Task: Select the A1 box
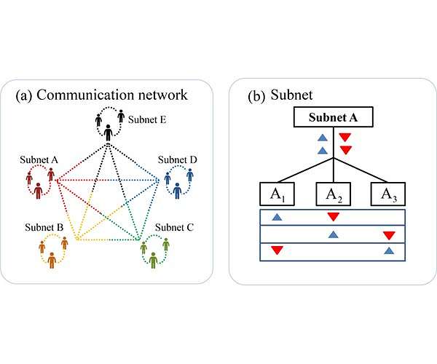pos(276,195)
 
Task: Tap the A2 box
pos(333,195)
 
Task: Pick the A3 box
pos(389,195)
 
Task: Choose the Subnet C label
pos(175,226)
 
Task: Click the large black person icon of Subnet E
pos(109,133)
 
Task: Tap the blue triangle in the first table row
pos(276,217)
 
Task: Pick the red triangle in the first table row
pos(333,217)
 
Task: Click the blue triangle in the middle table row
pos(333,234)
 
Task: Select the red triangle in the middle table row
pos(389,234)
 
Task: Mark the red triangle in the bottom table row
pos(276,251)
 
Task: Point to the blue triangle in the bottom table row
pos(389,251)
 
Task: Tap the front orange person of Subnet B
pos(51,259)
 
